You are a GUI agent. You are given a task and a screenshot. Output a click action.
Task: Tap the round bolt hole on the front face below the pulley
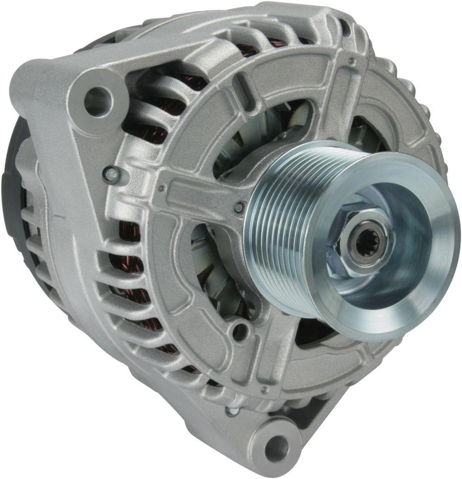point(239,331)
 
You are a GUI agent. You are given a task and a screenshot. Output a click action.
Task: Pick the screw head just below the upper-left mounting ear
point(112,174)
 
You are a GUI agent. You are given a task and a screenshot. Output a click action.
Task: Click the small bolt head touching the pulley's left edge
point(239,207)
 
